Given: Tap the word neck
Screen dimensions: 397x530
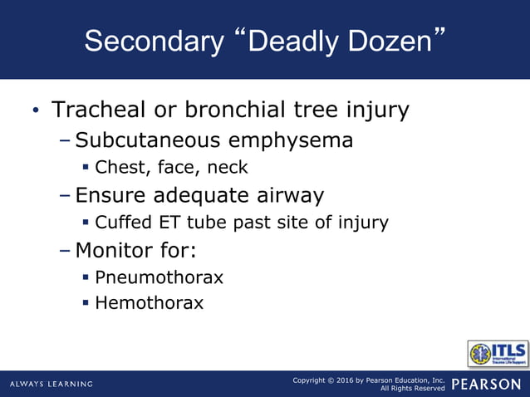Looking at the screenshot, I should (227, 167).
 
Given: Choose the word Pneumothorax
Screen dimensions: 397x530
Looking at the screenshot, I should (159, 277).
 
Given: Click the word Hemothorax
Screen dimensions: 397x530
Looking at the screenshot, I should (150, 303).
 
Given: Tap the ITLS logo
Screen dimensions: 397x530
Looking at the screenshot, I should (498, 354).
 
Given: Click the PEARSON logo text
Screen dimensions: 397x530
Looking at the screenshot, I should (487, 384).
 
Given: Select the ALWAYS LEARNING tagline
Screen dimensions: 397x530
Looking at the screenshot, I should (52, 384).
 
